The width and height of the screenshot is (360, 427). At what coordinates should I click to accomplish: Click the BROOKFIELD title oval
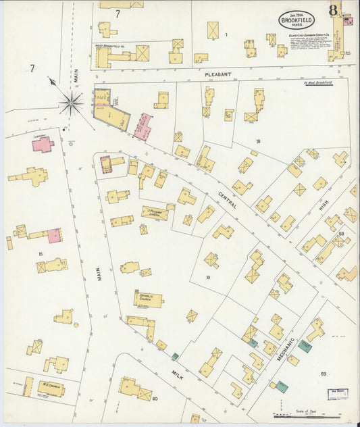point(297,20)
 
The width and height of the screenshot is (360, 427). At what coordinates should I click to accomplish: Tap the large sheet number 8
point(333,10)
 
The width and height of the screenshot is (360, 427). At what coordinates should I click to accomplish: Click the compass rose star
point(70,103)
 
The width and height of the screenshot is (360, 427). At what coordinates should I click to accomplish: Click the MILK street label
point(177,372)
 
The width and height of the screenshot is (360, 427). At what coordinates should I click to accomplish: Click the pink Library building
point(43,144)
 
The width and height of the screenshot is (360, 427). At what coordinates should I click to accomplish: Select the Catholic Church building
point(147,299)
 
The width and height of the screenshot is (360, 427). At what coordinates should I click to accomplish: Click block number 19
point(208,277)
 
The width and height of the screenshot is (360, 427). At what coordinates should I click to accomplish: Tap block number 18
point(257,141)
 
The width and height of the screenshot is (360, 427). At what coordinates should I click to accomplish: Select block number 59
point(324,374)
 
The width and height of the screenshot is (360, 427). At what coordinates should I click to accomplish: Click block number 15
point(41,254)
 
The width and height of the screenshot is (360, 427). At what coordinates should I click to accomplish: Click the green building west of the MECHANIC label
point(252,343)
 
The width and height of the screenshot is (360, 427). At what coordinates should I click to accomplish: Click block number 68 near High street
point(342,234)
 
